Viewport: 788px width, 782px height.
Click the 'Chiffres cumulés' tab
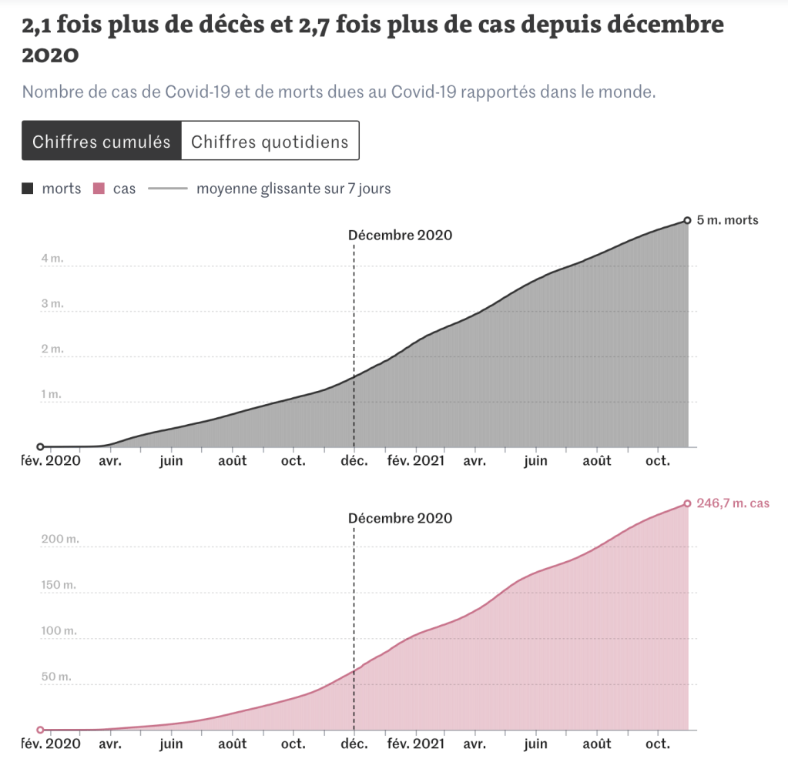click(x=101, y=142)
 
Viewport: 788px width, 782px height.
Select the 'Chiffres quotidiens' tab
click(x=270, y=142)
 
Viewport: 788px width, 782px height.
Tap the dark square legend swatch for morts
click(x=28, y=189)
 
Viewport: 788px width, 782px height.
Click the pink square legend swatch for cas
click(x=99, y=189)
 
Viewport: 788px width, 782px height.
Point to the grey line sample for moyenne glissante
click(x=168, y=189)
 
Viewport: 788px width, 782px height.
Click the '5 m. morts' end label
click(x=727, y=220)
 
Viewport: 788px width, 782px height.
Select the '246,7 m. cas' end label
click(x=733, y=503)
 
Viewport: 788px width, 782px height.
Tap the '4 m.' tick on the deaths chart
click(x=52, y=259)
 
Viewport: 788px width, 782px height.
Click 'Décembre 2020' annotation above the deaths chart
click(x=400, y=235)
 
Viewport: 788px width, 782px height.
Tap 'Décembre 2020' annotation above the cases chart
click(x=400, y=518)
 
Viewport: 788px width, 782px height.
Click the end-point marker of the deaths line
click(x=687, y=221)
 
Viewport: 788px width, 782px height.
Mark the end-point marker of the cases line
click(x=687, y=504)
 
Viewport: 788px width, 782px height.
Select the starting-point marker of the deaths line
click(x=40, y=446)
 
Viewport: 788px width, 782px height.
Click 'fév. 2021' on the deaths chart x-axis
click(x=416, y=461)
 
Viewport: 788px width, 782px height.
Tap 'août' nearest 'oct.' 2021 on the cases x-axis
click(x=596, y=744)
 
